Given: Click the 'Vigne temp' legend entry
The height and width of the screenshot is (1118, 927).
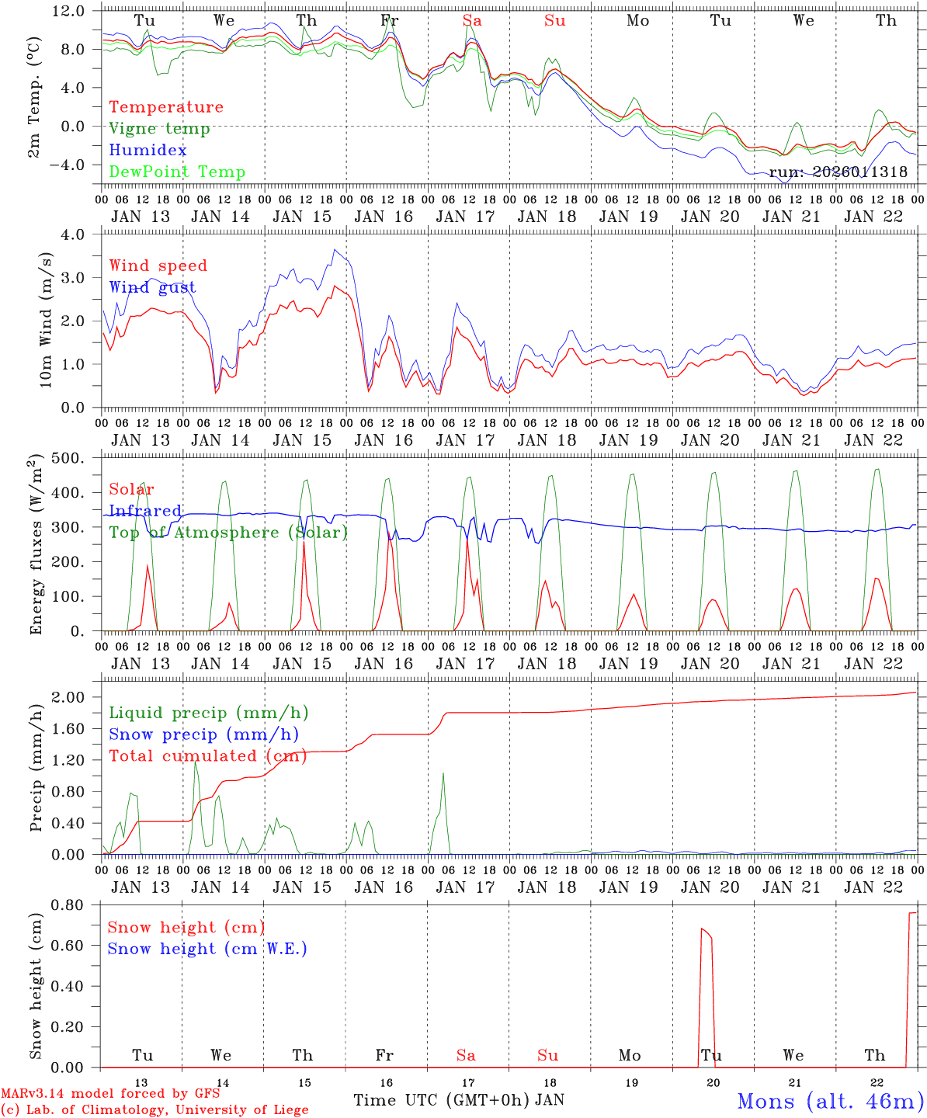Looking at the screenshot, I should tap(159, 129).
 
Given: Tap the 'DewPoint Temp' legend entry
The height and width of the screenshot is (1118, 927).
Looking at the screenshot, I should tap(177, 172).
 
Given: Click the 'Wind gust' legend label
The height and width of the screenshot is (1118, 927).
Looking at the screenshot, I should tap(152, 287).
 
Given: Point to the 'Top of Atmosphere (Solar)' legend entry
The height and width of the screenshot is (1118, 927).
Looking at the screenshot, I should tap(228, 533).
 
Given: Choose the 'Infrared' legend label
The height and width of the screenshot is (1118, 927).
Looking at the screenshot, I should tap(145, 511).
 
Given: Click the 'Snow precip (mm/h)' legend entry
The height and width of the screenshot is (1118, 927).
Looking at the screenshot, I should tap(203, 734).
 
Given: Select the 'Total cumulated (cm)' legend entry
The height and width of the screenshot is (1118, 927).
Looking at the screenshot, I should tap(207, 756).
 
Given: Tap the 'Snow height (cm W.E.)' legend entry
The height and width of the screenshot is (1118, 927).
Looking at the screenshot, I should tap(207, 949).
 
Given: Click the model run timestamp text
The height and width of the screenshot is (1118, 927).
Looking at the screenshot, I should tap(838, 172).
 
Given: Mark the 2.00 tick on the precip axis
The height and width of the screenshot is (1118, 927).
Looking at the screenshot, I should tap(73, 697).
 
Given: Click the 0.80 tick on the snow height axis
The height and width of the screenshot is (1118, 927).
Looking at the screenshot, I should tap(73, 904).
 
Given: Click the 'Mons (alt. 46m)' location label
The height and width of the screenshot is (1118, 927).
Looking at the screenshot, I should tap(830, 1101).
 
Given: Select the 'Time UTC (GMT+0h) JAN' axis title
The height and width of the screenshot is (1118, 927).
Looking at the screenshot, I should tap(458, 1100).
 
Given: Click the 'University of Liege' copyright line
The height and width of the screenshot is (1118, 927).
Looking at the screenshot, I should tap(155, 1110).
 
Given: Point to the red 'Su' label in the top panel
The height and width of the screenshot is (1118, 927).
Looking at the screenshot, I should tap(554, 21).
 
